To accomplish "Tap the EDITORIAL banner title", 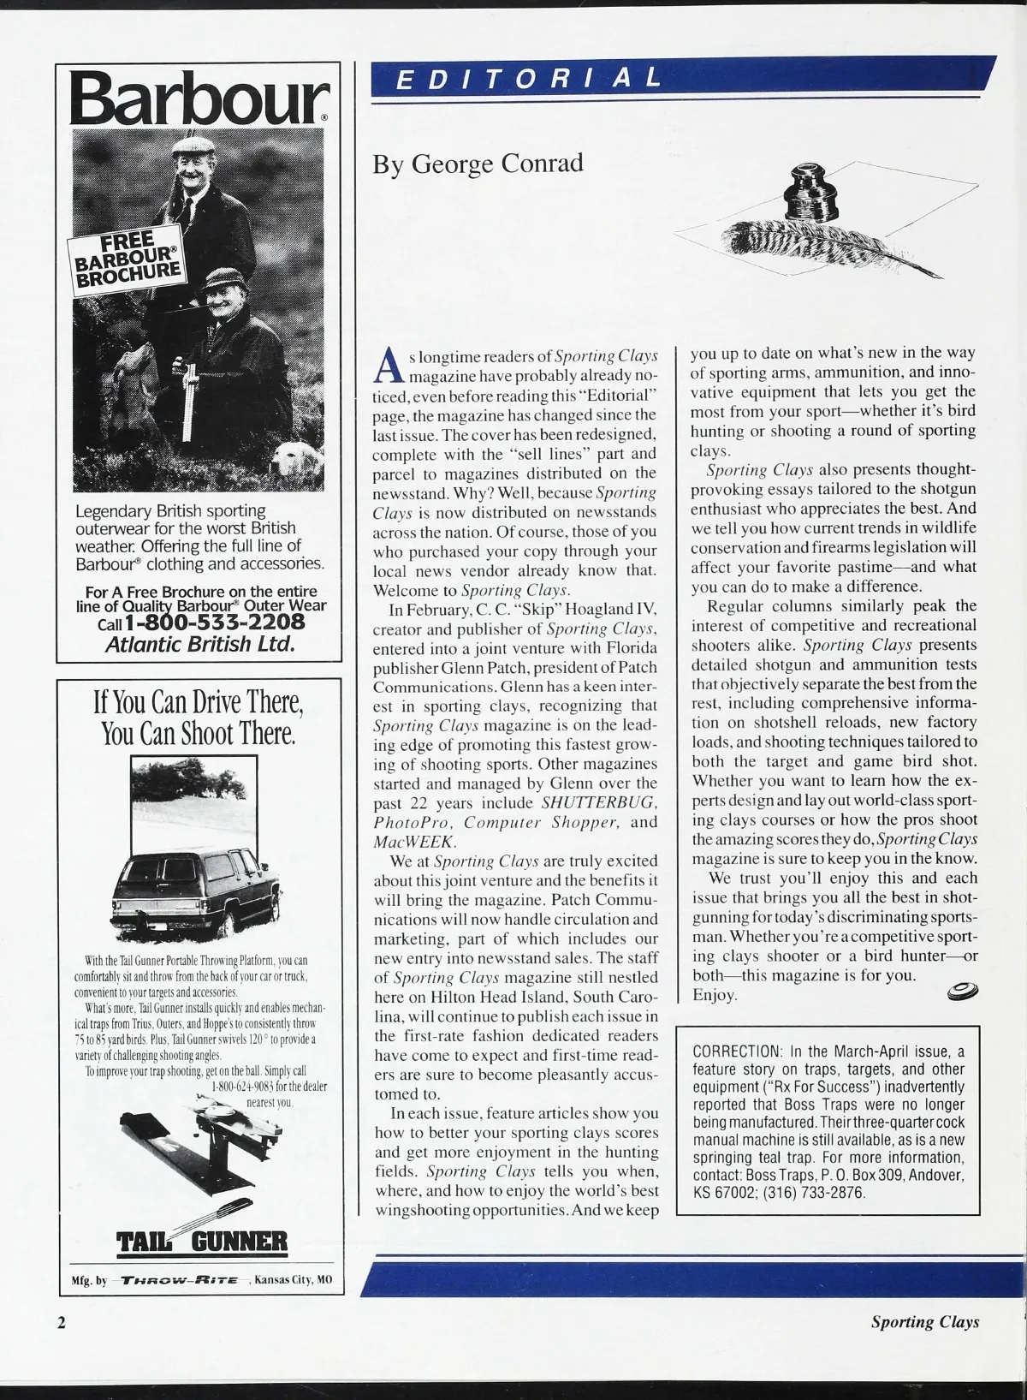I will click(531, 79).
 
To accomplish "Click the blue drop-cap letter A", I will click(389, 365).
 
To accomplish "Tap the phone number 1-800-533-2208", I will click(214, 621).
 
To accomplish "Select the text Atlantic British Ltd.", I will click(199, 644).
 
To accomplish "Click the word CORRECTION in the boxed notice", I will click(737, 1051).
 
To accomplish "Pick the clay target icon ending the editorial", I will click(963, 992).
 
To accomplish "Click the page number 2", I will click(61, 1322).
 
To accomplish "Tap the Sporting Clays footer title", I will click(924, 1322).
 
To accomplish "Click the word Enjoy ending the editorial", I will click(714, 995).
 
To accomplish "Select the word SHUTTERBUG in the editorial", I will click(598, 803).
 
